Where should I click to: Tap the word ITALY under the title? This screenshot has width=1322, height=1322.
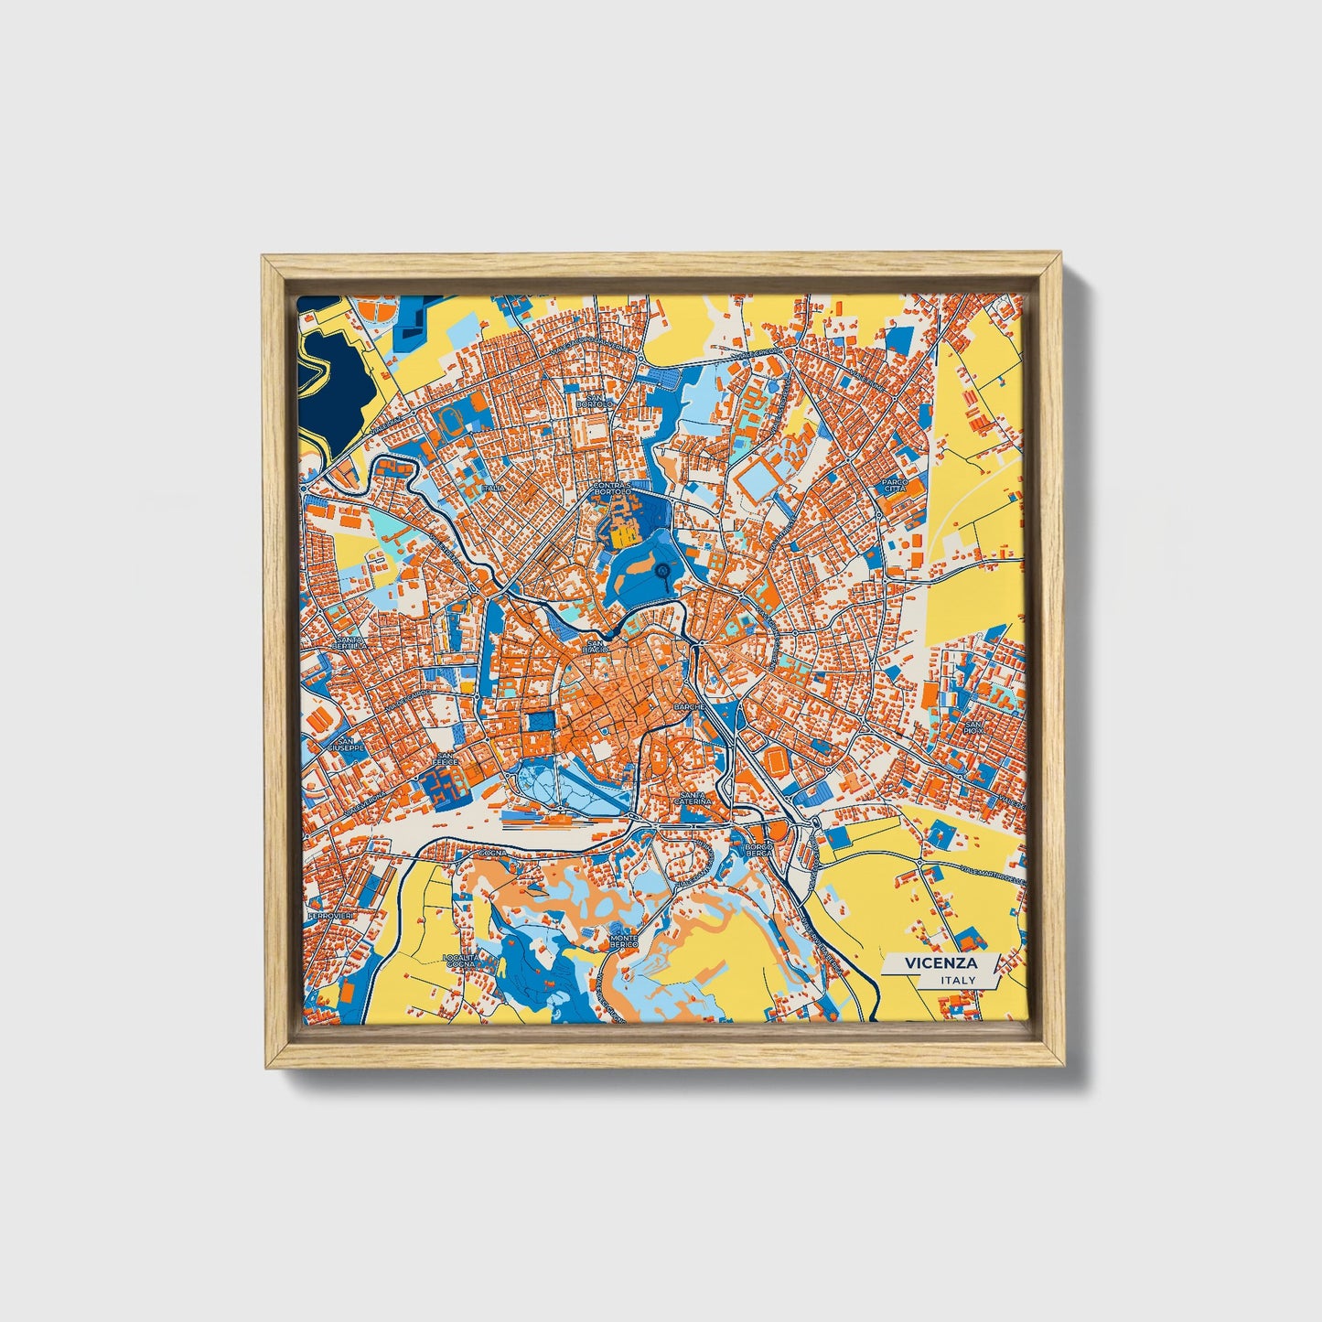pyautogui.click(x=956, y=980)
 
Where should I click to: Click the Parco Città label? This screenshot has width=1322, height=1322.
pyautogui.click(x=894, y=485)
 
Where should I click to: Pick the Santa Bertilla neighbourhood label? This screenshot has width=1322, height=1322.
pyautogui.click(x=351, y=643)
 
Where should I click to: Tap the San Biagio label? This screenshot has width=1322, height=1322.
pyautogui.click(x=597, y=646)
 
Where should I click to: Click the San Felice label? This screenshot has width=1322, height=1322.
pyautogui.click(x=447, y=760)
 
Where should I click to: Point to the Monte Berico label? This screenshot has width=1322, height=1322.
pyautogui.click(x=624, y=940)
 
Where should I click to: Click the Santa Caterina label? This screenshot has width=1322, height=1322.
pyautogui.click(x=692, y=797)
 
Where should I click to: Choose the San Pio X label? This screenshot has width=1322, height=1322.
pyautogui.click(x=973, y=726)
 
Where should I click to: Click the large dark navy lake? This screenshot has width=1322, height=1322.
pyautogui.click(x=336, y=384)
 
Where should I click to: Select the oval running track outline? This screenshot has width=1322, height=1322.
pyautogui.click(x=450, y=419)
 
